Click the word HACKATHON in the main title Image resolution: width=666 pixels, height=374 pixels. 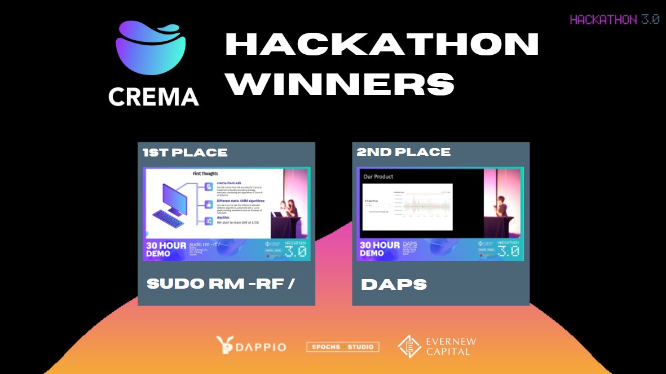(382, 44)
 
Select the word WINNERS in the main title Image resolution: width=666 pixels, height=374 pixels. (342, 84)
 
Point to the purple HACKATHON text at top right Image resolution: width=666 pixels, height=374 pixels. (602, 19)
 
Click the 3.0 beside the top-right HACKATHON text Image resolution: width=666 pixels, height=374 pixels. (650, 19)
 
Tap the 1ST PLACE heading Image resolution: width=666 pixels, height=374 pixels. (185, 153)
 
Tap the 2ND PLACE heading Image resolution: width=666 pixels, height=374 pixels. (403, 152)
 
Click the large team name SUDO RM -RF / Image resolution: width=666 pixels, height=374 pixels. (220, 284)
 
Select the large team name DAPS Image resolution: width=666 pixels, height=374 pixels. (394, 284)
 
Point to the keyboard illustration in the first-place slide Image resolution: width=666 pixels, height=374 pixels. (169, 219)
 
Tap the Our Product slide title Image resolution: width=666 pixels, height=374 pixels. (378, 177)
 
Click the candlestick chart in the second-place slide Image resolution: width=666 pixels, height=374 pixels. (423, 205)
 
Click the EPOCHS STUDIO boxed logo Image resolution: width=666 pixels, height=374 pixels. (343, 347)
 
